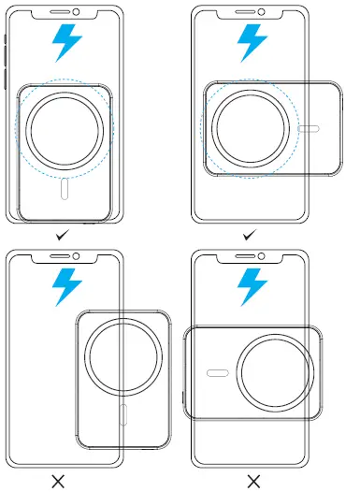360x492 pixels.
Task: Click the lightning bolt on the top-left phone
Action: pos(67,43)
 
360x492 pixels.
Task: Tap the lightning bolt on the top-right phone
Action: pos(251,43)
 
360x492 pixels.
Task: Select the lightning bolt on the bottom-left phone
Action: pos(67,285)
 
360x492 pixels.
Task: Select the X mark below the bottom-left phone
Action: pos(58,481)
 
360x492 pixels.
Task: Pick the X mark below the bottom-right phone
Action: pos(253,481)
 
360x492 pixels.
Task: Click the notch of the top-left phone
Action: pos(65,14)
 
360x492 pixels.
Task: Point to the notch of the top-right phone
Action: pos(250,14)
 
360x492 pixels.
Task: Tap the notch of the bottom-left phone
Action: pos(65,258)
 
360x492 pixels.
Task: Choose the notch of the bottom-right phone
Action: pos(250,258)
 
